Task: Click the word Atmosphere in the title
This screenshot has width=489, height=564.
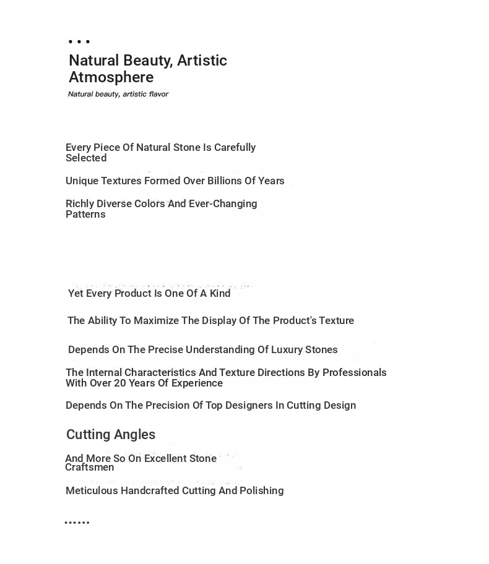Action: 111,77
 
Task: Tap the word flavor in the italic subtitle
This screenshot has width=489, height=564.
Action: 158,95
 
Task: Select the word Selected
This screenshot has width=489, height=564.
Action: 86,158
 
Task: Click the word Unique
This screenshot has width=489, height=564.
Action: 83,181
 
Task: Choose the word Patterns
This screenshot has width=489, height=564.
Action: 85,215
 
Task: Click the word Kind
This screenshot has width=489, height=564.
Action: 220,294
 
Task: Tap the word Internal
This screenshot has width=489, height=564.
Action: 105,373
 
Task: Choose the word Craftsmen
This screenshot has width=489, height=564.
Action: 89,468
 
